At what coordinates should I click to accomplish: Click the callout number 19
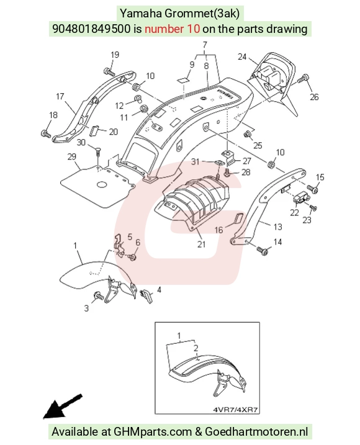click(115, 55)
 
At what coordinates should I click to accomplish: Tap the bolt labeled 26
click(304, 79)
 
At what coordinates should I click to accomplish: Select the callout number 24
click(242, 56)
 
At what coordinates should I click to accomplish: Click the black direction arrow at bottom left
click(63, 406)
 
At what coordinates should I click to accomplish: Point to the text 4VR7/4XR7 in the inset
click(235, 410)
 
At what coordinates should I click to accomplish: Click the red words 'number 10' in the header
click(173, 29)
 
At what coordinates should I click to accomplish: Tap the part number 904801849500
click(91, 29)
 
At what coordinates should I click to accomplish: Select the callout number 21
click(201, 244)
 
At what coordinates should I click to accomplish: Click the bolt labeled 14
click(263, 251)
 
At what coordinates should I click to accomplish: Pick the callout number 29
click(72, 156)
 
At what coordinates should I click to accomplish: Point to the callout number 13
click(277, 227)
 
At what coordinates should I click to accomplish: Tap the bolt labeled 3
click(99, 297)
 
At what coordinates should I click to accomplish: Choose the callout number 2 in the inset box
click(196, 348)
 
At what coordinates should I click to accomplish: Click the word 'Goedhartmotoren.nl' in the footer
click(256, 432)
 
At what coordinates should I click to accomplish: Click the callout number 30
click(81, 142)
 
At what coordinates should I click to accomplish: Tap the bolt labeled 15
click(312, 189)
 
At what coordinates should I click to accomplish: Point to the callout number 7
click(205, 45)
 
